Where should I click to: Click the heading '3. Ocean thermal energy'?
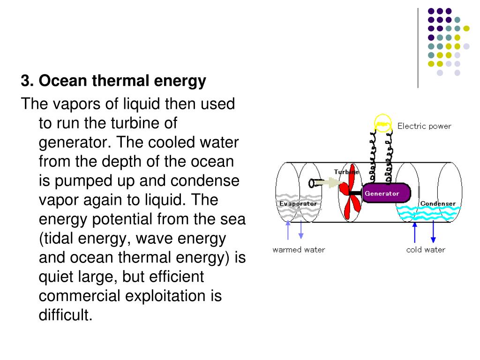[113, 82]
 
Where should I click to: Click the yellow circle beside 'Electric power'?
[382, 124]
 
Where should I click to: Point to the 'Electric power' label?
[424, 126]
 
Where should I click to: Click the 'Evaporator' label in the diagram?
[298, 203]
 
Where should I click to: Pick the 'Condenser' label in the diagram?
[437, 203]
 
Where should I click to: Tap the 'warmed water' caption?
[299, 249]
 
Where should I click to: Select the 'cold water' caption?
[425, 249]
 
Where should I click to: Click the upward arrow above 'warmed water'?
[289, 230]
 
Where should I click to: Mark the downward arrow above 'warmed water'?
[300, 230]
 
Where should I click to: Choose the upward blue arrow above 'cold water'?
[414, 231]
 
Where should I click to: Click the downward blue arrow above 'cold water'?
[434, 231]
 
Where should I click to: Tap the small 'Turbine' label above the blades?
[345, 172]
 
